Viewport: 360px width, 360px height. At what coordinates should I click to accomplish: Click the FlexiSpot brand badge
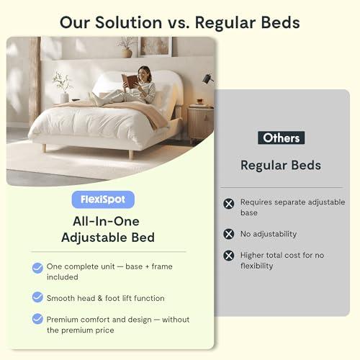[x=103, y=199]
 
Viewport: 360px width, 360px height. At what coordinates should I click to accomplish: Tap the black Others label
[x=281, y=138]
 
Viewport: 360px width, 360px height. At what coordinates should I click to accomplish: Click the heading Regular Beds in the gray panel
[x=281, y=165]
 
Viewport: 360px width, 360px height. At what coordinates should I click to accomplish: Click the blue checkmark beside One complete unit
[x=37, y=268]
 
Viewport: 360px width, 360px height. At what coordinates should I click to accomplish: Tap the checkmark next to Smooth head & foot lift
[x=37, y=297]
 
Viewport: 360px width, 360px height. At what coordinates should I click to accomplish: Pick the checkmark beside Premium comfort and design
[x=37, y=319]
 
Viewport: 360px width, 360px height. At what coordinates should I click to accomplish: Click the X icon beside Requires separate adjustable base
[x=229, y=204]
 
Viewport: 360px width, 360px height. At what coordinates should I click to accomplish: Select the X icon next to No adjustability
[x=229, y=234]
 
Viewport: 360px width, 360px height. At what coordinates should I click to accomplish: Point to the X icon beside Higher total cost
[x=229, y=256]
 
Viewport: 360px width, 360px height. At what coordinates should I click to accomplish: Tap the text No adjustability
[x=269, y=234]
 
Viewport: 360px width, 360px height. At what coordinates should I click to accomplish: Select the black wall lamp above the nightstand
[x=207, y=78]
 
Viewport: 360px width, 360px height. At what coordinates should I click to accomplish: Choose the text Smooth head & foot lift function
[x=106, y=297]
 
